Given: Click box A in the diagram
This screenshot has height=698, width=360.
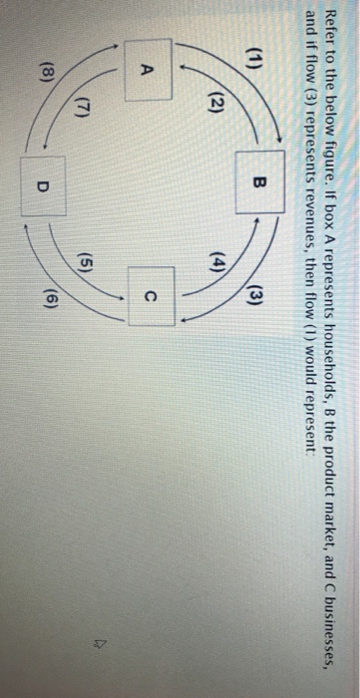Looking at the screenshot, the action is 148,70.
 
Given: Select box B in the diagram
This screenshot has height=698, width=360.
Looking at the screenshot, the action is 260,181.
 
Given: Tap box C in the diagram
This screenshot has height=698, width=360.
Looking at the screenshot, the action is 151,296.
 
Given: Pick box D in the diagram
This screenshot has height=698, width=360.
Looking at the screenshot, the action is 43,186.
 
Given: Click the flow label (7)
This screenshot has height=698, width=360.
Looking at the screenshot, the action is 86,109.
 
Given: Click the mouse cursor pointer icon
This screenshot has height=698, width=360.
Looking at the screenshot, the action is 89,631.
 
